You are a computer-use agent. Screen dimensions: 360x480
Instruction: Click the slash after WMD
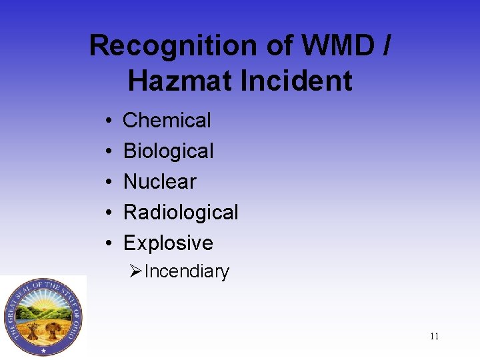pyautogui.click(x=385, y=46)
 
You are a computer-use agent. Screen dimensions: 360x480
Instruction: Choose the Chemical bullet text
pyautogui.click(x=167, y=121)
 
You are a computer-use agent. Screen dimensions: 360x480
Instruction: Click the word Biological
pyautogui.click(x=169, y=151)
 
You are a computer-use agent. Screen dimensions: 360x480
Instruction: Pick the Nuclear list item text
pyautogui.click(x=160, y=181)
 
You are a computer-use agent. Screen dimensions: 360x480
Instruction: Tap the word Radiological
pyautogui.click(x=181, y=213)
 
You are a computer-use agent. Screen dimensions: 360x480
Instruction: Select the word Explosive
pyautogui.click(x=168, y=243)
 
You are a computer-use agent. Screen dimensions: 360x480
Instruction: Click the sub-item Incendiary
pyautogui.click(x=187, y=272)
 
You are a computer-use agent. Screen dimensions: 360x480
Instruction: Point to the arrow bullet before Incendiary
pyautogui.click(x=136, y=271)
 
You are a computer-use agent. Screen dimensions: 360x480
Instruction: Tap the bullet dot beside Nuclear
pyautogui.click(x=108, y=183)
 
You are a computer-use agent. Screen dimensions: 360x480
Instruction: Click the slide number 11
pyautogui.click(x=434, y=336)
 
